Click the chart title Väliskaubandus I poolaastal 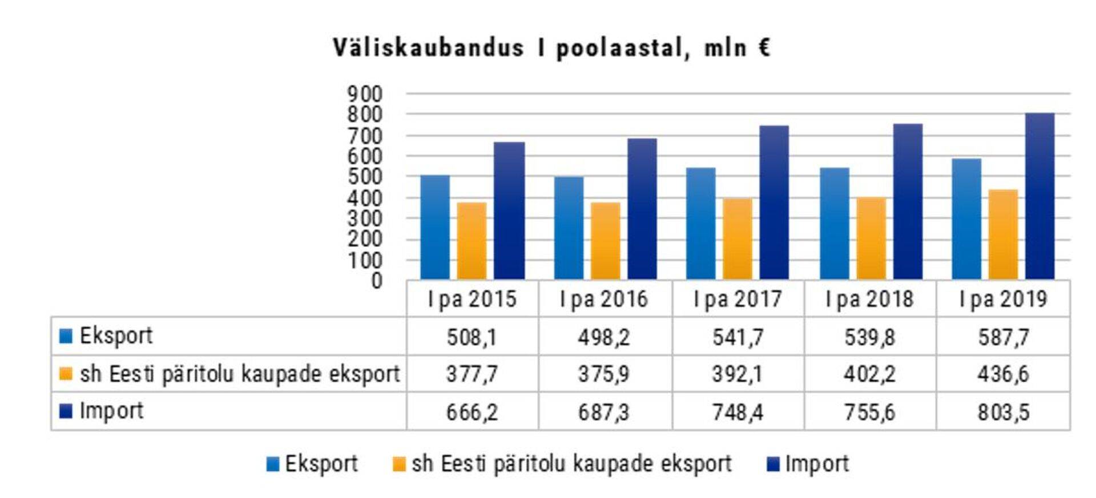click(551, 48)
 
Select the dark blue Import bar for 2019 click(1039, 196)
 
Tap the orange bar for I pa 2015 click(472, 241)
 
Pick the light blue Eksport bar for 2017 click(700, 223)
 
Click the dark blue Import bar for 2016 click(642, 209)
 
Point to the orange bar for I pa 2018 click(871, 238)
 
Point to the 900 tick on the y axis click(365, 94)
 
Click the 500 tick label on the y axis click(365, 177)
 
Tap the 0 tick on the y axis click(376, 281)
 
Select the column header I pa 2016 click(604, 299)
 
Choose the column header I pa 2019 click(1003, 299)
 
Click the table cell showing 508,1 click(472, 337)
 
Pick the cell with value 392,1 click(737, 374)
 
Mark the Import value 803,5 click(1003, 412)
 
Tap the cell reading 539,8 click(869, 337)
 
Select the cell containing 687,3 click(604, 412)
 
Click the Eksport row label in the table click(116, 336)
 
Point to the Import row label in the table click(111, 411)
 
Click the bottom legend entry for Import click(816, 464)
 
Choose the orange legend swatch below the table click(399, 464)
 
